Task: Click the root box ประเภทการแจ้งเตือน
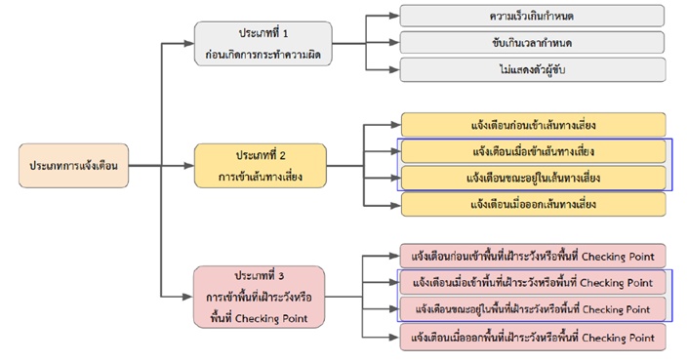point(74,166)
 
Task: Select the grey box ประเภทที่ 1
point(263,44)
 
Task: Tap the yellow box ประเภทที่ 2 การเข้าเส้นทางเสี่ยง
point(261,166)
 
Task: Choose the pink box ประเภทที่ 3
point(260,297)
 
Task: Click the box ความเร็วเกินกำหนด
point(532,17)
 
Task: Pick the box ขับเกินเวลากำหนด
point(532,43)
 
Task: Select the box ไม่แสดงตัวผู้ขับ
point(533,70)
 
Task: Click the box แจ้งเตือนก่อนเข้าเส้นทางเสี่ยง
point(534,125)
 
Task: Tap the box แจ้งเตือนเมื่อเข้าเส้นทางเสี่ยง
point(534,151)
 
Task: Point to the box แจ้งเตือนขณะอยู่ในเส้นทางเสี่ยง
point(534,178)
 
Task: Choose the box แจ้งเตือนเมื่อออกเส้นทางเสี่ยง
point(534,205)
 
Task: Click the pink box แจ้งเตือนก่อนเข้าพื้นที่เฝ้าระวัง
point(533,257)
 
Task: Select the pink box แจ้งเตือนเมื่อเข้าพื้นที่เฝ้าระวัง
point(533,283)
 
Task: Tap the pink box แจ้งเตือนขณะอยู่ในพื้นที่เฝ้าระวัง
point(533,309)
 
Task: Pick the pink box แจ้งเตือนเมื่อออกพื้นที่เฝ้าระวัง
point(533,338)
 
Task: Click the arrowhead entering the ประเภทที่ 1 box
point(189,44)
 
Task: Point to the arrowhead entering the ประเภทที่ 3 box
point(188,297)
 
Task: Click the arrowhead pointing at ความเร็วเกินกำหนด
point(394,17)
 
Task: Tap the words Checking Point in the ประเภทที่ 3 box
point(271,318)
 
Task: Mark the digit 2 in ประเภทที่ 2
point(282,155)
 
